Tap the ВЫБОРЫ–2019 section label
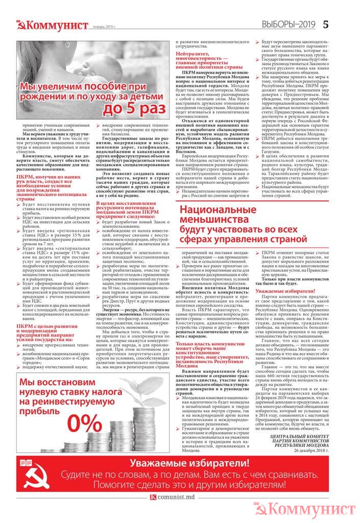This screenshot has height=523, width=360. [290, 24]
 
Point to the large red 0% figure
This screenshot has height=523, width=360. [84, 422]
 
